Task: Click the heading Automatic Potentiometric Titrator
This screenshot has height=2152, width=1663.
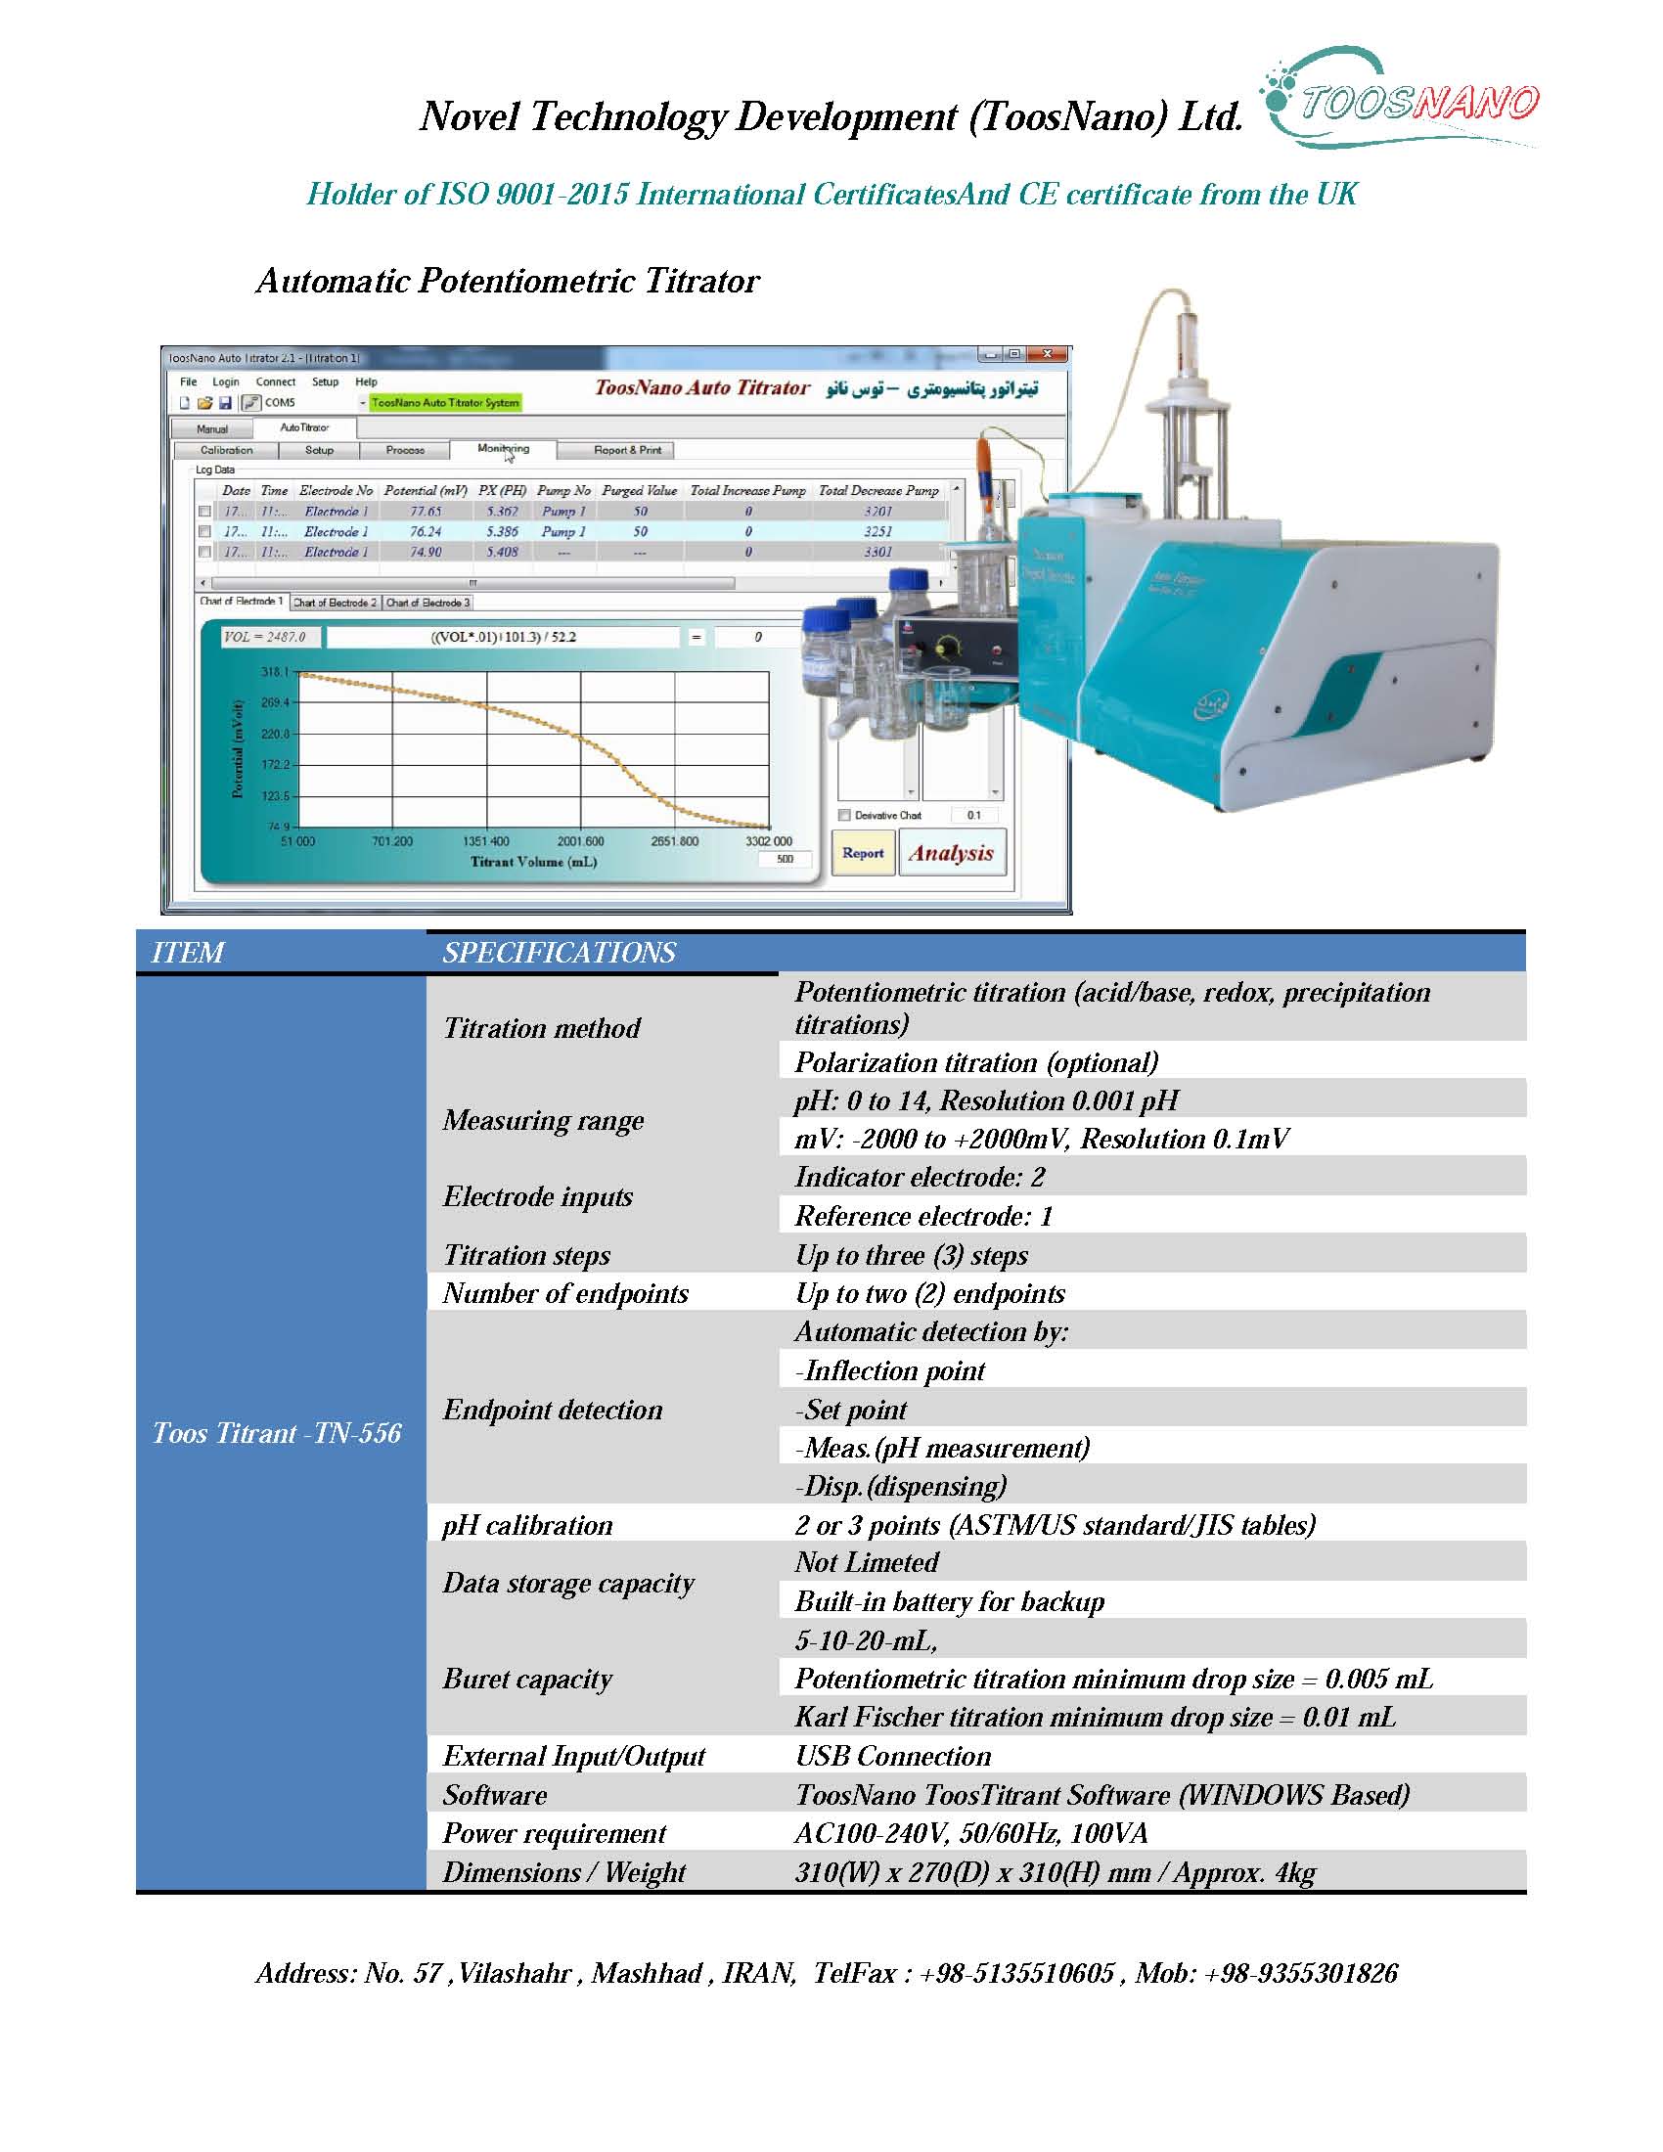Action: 508,282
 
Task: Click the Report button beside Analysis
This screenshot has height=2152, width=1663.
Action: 863,853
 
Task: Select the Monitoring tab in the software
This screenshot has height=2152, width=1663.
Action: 503,449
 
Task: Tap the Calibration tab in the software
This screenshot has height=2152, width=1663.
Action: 227,450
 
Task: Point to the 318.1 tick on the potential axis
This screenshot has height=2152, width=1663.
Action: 275,672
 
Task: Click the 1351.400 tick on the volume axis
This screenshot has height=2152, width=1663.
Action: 486,841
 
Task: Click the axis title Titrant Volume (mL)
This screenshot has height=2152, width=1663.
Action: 533,862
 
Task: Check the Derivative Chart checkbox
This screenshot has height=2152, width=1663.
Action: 844,815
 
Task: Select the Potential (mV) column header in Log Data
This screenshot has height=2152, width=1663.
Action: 426,491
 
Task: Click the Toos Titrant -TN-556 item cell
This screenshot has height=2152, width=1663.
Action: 277,1433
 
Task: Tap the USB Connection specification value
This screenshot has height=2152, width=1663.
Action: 892,1756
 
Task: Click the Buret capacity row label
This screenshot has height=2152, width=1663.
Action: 527,1679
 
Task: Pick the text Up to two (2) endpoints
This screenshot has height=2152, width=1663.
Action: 930,1294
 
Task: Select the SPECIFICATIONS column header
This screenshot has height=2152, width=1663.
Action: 559,953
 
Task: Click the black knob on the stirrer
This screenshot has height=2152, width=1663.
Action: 948,648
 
